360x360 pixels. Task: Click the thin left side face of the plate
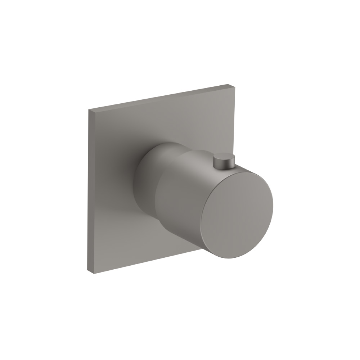[88, 191]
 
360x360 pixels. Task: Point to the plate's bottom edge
[144, 262]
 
